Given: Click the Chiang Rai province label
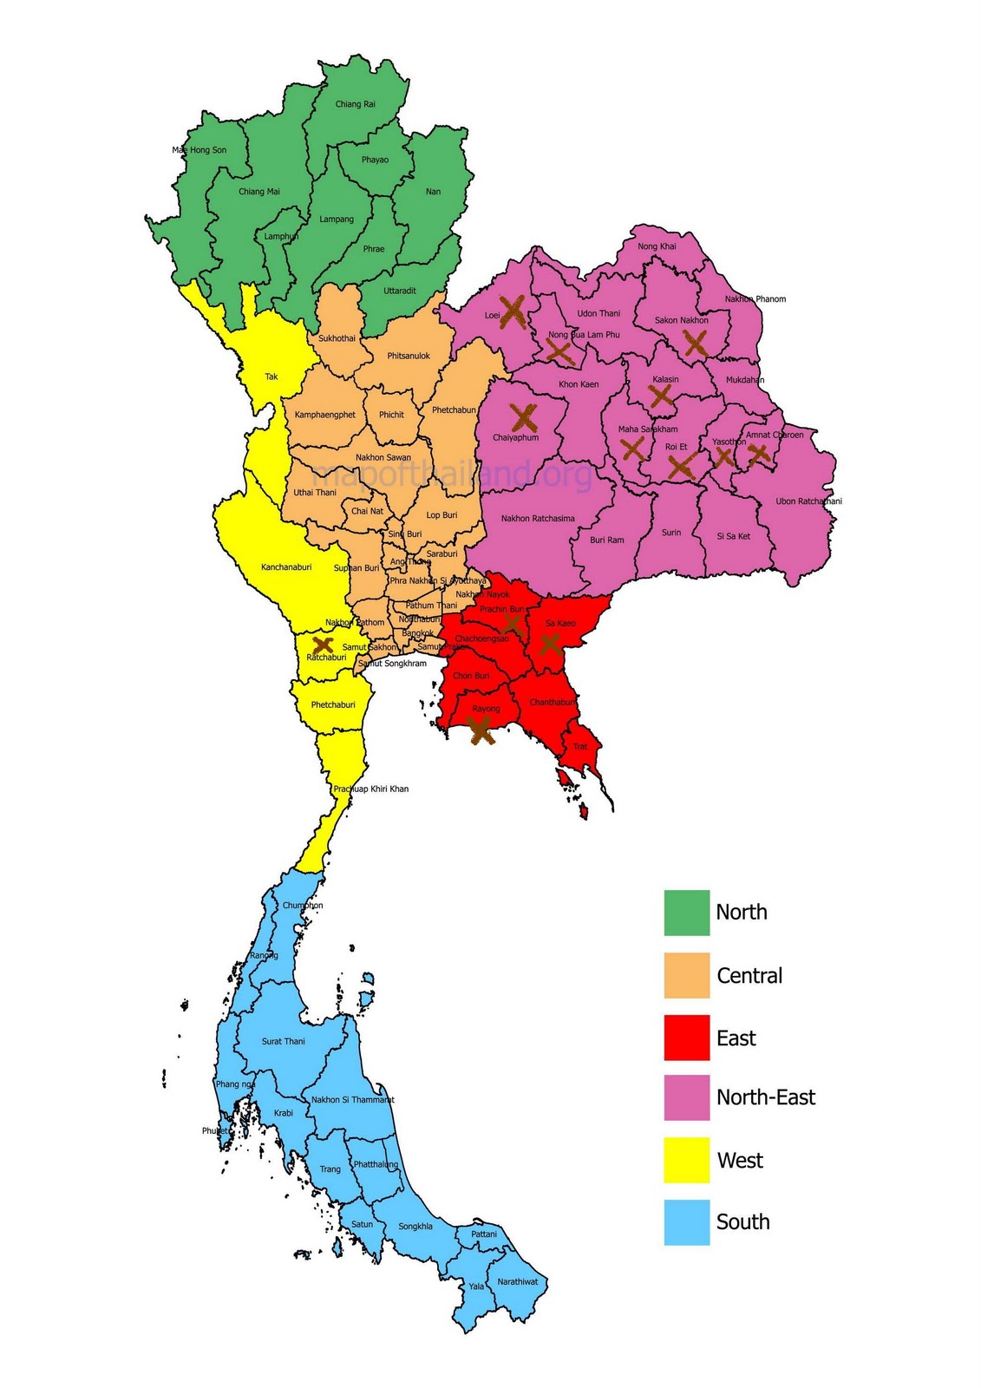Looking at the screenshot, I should click(356, 104).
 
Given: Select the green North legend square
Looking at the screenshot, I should click(686, 913).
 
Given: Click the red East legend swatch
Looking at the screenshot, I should click(686, 1038).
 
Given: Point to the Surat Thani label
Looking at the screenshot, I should click(284, 1041).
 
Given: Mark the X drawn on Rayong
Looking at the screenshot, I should click(481, 731).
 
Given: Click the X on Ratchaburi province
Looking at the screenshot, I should click(323, 645).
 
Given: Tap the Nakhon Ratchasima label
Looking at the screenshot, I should click(538, 519).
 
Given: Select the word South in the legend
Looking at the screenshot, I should click(742, 1222).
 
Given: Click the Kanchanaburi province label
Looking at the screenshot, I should click(286, 567).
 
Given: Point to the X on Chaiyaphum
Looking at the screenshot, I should click(524, 417).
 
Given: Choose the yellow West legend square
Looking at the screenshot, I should click(686, 1160).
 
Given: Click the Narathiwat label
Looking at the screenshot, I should click(518, 1281).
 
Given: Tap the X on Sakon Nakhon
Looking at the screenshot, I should click(695, 343).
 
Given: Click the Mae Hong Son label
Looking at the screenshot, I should click(199, 150).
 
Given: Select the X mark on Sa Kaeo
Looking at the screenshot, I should click(549, 643).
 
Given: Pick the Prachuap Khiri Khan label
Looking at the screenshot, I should click(371, 789).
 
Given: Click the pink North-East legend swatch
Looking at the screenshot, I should click(686, 1097).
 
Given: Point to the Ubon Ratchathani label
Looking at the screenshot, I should click(808, 501).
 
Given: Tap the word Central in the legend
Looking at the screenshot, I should click(749, 976).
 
